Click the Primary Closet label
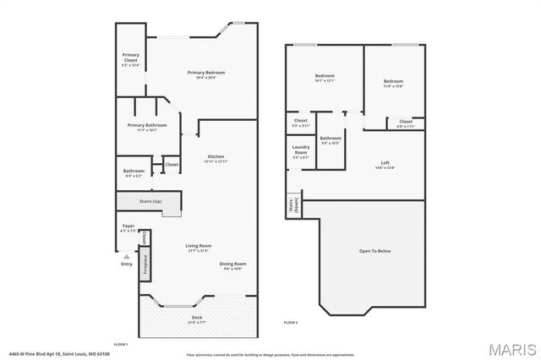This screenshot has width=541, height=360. [x=129, y=58]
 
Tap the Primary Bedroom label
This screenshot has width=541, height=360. [x=206, y=74]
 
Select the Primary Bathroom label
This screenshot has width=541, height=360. [x=147, y=127]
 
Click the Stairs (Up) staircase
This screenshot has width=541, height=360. [x=149, y=201]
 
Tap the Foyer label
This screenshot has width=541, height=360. [x=128, y=227]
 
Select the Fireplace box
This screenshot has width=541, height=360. [x=145, y=263]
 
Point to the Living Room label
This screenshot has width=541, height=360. [x=199, y=248]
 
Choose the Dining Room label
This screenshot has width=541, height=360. [x=233, y=265]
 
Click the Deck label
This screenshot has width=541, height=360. [x=197, y=319]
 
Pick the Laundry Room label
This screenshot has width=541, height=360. [x=301, y=153]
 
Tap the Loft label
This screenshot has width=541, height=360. [x=385, y=165]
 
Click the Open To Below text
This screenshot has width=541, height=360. [x=374, y=251]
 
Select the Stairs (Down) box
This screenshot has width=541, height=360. [x=293, y=206]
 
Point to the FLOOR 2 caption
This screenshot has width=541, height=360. [x=291, y=323]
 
